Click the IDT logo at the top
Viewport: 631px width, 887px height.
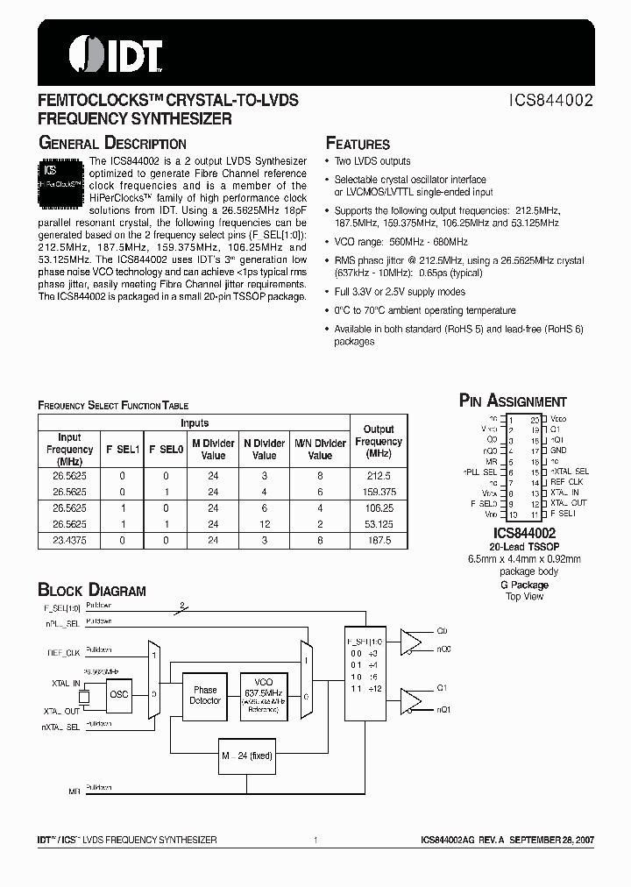(116, 53)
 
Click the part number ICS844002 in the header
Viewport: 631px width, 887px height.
(552, 101)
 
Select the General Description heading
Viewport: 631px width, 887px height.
(111, 144)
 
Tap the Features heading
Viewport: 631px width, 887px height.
(358, 144)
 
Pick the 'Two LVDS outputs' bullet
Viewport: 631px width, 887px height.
(372, 161)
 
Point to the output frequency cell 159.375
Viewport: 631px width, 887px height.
(379, 493)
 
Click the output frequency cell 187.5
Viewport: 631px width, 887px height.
(379, 542)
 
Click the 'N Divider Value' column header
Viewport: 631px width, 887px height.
(264, 449)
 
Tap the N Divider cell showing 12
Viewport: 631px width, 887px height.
(264, 525)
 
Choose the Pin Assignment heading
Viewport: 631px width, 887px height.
(514, 401)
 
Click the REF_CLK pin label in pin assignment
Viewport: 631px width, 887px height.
(567, 482)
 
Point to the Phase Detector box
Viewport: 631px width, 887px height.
(205, 696)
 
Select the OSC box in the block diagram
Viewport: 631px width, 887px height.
(119, 694)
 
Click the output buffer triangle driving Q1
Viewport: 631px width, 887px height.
(410, 698)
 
